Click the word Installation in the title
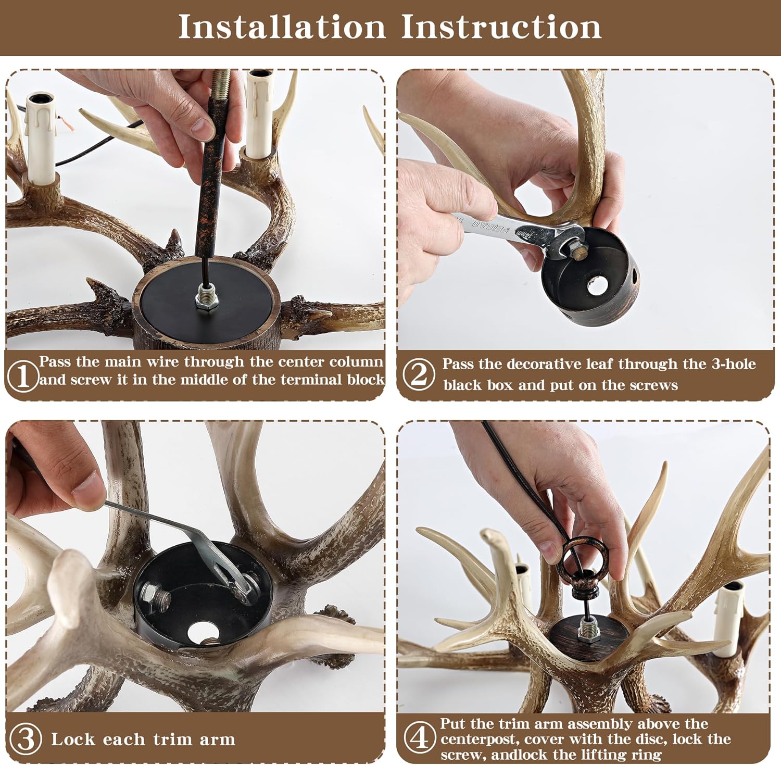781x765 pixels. tap(282, 27)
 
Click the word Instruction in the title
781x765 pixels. tap(501, 27)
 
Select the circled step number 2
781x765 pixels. tap(418, 374)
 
